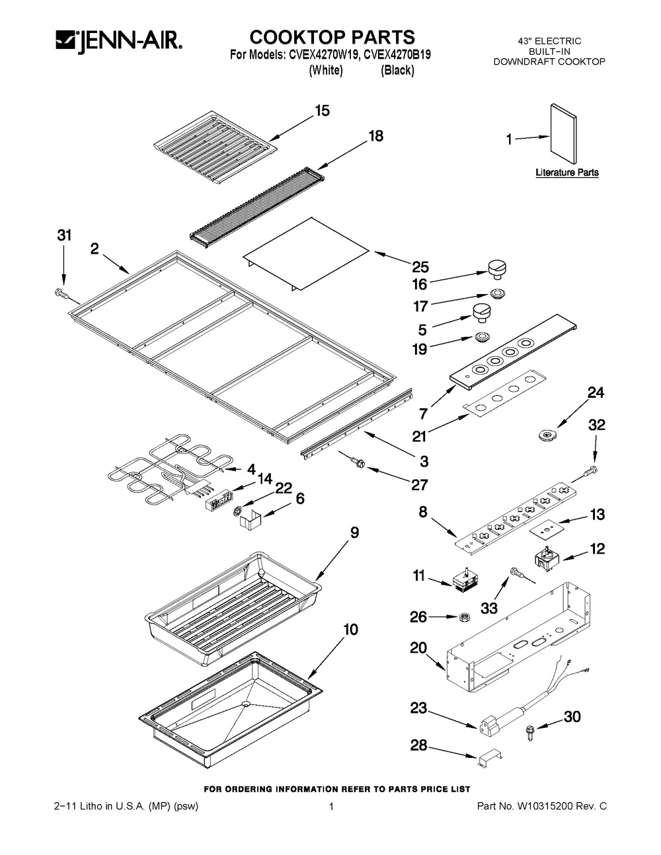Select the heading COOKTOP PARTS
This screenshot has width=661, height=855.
pyautogui.click(x=332, y=37)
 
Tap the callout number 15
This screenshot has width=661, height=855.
pyautogui.click(x=322, y=111)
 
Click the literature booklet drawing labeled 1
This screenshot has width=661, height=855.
pyautogui.click(x=563, y=133)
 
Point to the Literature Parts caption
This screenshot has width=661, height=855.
pyautogui.click(x=567, y=172)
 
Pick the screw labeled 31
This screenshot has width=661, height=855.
pyautogui.click(x=63, y=293)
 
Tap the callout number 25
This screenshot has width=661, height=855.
pyautogui.click(x=420, y=267)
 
